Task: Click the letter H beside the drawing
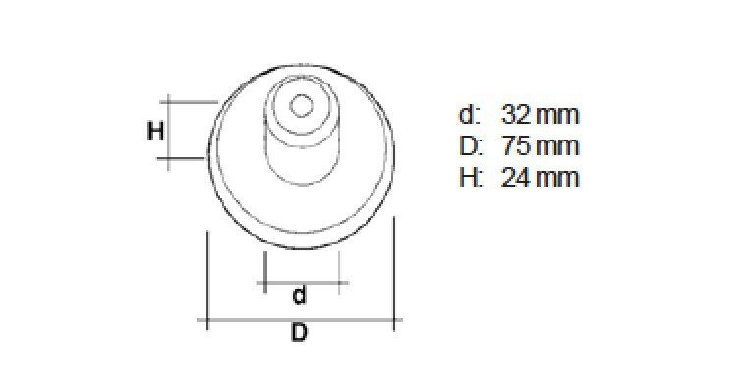point(155,131)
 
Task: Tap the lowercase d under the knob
point(299,295)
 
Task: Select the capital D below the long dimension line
point(299,333)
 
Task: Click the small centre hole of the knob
point(301,105)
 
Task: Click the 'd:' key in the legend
point(469,115)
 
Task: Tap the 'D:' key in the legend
point(470,146)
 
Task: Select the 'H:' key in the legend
point(470,178)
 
